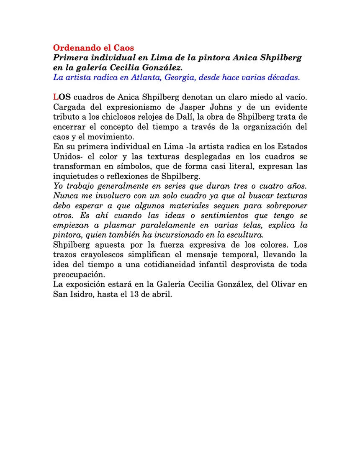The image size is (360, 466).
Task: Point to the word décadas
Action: click(281, 77)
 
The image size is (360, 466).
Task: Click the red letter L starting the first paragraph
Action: click(55, 97)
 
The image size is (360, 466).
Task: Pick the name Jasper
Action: click(177, 107)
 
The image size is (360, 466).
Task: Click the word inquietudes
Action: click(74, 176)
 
